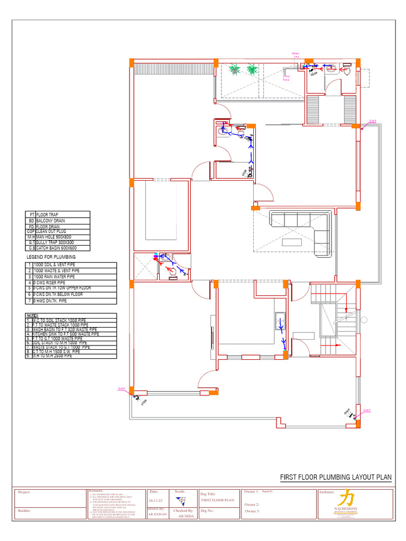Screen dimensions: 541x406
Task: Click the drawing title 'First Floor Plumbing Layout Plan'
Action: click(x=335, y=477)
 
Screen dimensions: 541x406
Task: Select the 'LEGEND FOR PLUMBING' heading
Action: click(x=51, y=257)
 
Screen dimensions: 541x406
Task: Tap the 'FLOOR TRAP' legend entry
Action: click(x=47, y=214)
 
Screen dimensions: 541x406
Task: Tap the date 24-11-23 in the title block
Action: click(x=156, y=500)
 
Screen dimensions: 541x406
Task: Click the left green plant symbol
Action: click(x=233, y=69)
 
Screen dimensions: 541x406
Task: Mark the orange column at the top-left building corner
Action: click(x=132, y=63)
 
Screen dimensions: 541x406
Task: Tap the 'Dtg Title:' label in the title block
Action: click(x=208, y=494)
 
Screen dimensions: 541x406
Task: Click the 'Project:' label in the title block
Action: click(x=24, y=492)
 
